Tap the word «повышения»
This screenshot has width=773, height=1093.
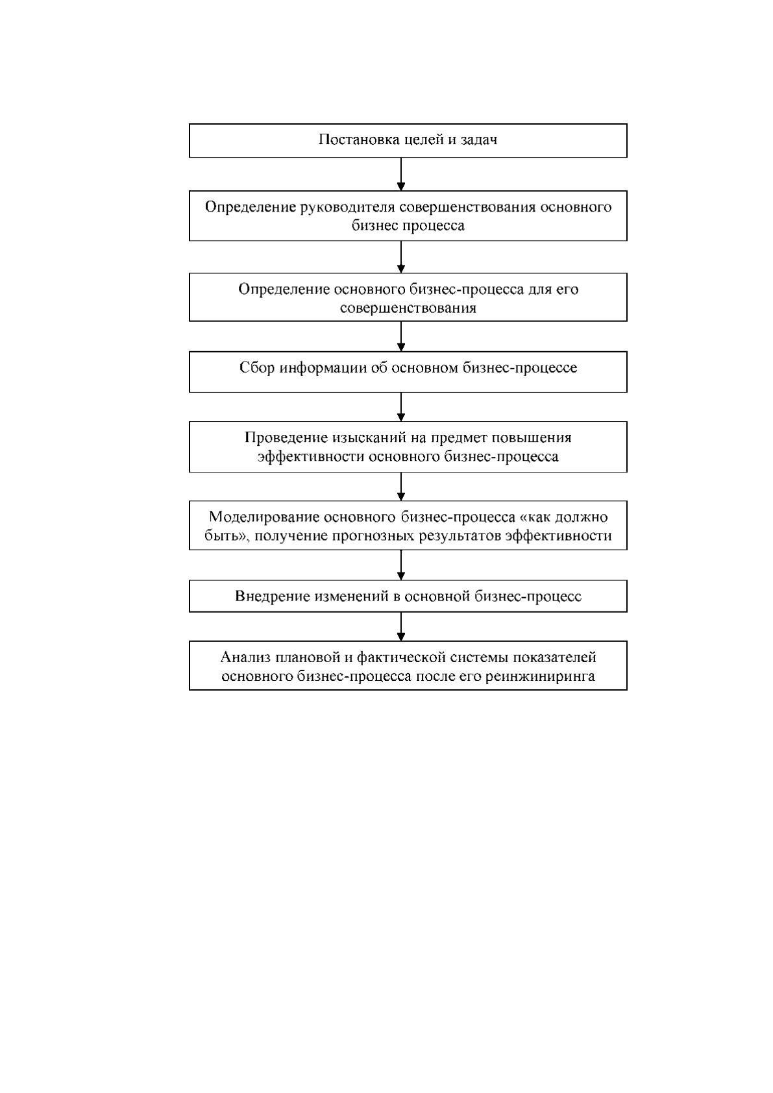(532, 437)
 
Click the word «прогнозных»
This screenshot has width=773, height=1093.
(374, 535)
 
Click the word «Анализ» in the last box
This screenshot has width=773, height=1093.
(245, 657)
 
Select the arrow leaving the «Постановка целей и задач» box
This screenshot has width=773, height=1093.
(400, 174)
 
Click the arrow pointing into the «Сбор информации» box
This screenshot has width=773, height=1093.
(400, 336)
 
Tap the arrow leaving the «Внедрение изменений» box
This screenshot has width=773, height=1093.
(400, 626)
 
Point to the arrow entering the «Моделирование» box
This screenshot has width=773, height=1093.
(400, 487)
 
